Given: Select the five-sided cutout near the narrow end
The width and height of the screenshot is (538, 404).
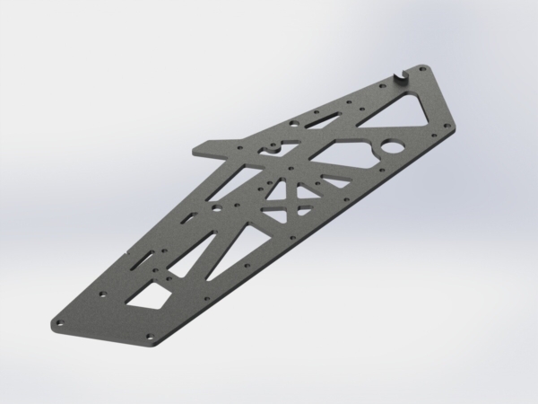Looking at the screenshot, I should point(149,294).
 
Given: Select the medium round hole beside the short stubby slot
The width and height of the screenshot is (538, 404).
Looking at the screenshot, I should point(215,207).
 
